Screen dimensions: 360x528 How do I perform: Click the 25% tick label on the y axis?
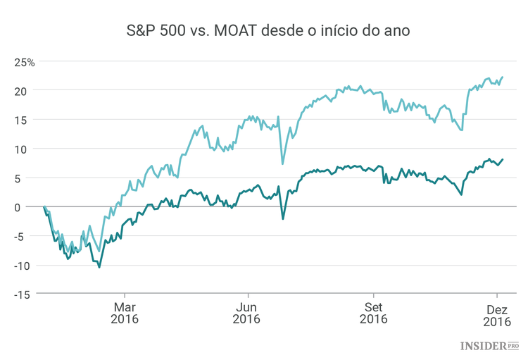pyautogui.click(x=25, y=62)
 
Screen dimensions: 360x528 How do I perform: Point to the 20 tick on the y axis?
pyautogui.click(x=27, y=91)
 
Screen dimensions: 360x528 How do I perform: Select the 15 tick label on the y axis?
pyautogui.click(x=27, y=120)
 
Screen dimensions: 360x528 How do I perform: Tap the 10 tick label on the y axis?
pyautogui.click(x=27, y=149)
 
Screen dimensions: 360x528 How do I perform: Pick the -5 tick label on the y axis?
pyautogui.click(x=27, y=236)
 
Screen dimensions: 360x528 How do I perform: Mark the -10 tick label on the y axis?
pyautogui.click(x=25, y=266)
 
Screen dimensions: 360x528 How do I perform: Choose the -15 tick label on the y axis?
pyautogui.click(x=25, y=294)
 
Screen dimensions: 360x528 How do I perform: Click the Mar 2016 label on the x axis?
pyautogui.click(x=125, y=314)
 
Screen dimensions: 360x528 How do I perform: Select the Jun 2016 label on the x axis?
pyautogui.click(x=246, y=314)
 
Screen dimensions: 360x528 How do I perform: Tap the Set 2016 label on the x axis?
pyautogui.click(x=373, y=314)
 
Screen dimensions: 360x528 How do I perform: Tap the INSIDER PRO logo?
pyautogui.click(x=490, y=345)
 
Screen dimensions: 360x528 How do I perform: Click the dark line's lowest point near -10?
pyautogui.click(x=99, y=267)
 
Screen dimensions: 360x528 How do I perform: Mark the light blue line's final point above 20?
pyautogui.click(x=503, y=77)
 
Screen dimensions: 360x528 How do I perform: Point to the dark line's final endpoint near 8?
pyautogui.click(x=503, y=159)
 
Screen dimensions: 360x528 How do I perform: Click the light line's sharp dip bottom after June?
pyautogui.click(x=283, y=164)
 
